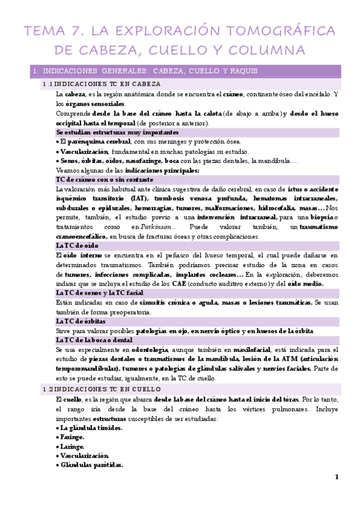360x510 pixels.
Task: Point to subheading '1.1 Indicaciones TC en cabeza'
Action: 102,84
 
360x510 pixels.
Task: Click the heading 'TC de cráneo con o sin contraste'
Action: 105,179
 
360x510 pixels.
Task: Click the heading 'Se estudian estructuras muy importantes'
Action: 109,132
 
